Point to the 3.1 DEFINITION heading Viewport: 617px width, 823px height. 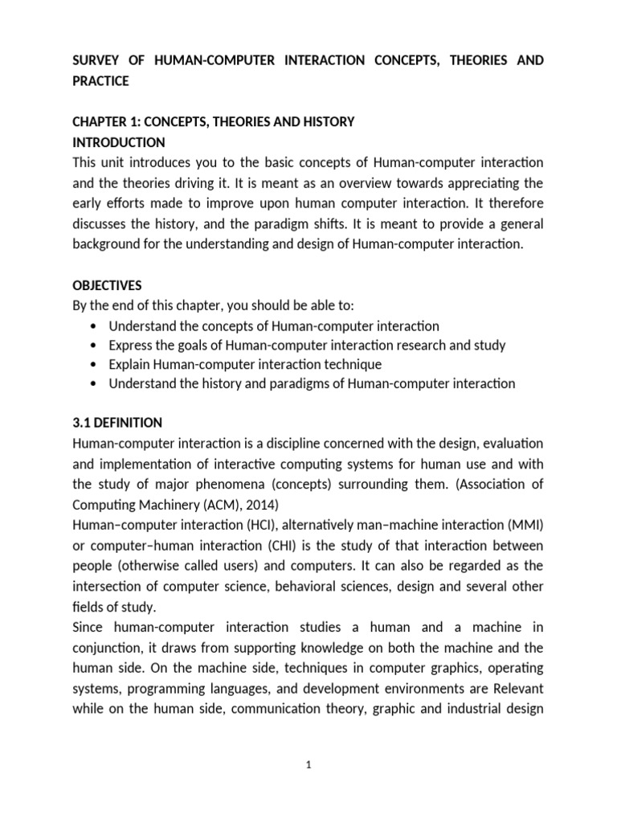click(x=117, y=422)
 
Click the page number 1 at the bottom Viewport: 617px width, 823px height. click(x=308, y=765)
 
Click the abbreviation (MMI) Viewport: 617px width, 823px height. click(x=527, y=525)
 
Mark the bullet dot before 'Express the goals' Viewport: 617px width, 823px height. click(x=96, y=346)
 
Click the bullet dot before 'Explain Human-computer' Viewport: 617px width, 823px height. click(x=96, y=365)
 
